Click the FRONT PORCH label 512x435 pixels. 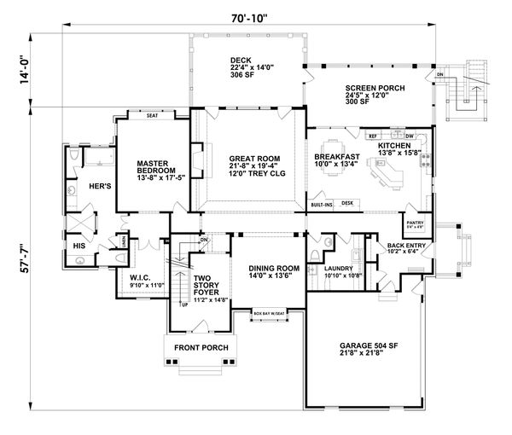point(197,348)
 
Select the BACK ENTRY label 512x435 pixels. point(405,247)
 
